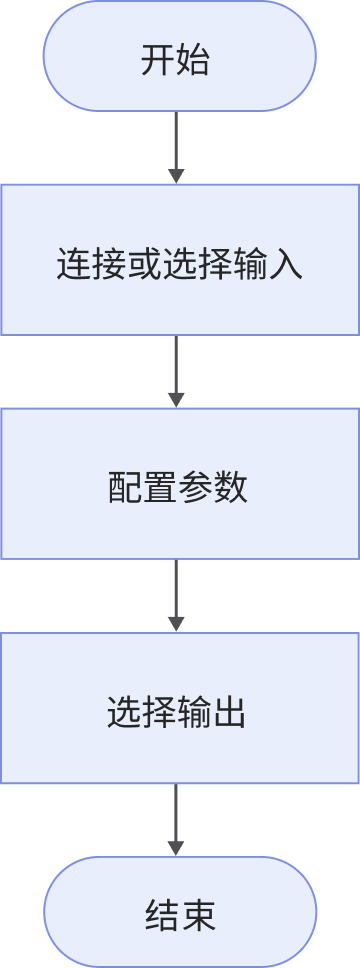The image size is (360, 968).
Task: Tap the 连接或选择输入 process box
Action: tap(180, 259)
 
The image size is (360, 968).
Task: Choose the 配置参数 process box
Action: tap(180, 484)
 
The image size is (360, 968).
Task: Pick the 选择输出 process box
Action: tap(180, 709)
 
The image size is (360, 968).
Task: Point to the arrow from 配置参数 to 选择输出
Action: tap(176, 595)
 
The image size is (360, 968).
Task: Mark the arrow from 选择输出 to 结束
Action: tap(176, 819)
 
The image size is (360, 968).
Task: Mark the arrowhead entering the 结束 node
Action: tap(176, 848)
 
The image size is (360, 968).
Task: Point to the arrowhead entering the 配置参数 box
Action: tap(176, 399)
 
